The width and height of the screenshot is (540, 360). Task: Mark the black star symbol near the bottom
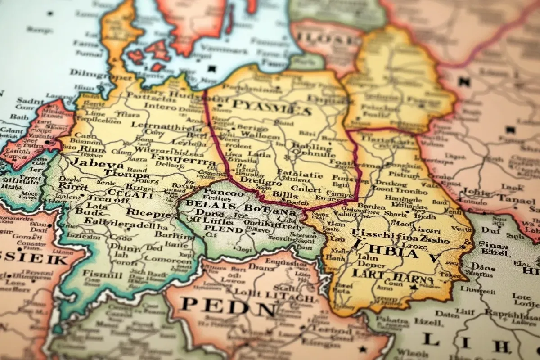363,348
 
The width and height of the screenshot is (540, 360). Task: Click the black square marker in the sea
212,69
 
